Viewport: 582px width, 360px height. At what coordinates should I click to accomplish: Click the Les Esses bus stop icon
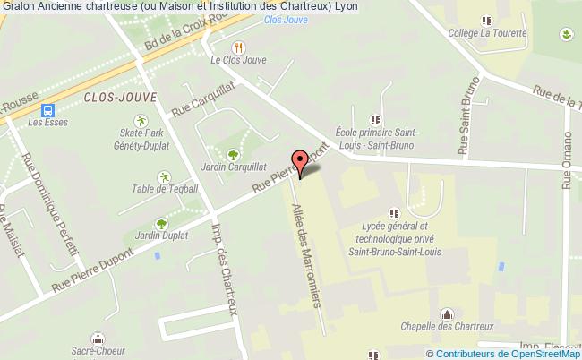pos(43,110)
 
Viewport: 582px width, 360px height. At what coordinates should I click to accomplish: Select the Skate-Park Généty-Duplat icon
pos(140,120)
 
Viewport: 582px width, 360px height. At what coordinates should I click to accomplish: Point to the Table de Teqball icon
pos(163,176)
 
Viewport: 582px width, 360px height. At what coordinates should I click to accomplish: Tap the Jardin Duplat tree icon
pos(161,224)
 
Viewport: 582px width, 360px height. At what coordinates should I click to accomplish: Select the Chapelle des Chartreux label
pos(448,325)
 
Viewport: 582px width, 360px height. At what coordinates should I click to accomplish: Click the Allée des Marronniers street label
pos(304,256)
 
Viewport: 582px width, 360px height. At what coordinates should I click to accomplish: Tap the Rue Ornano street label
pos(567,160)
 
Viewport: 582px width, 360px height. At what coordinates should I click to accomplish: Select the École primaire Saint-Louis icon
pos(374,119)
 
